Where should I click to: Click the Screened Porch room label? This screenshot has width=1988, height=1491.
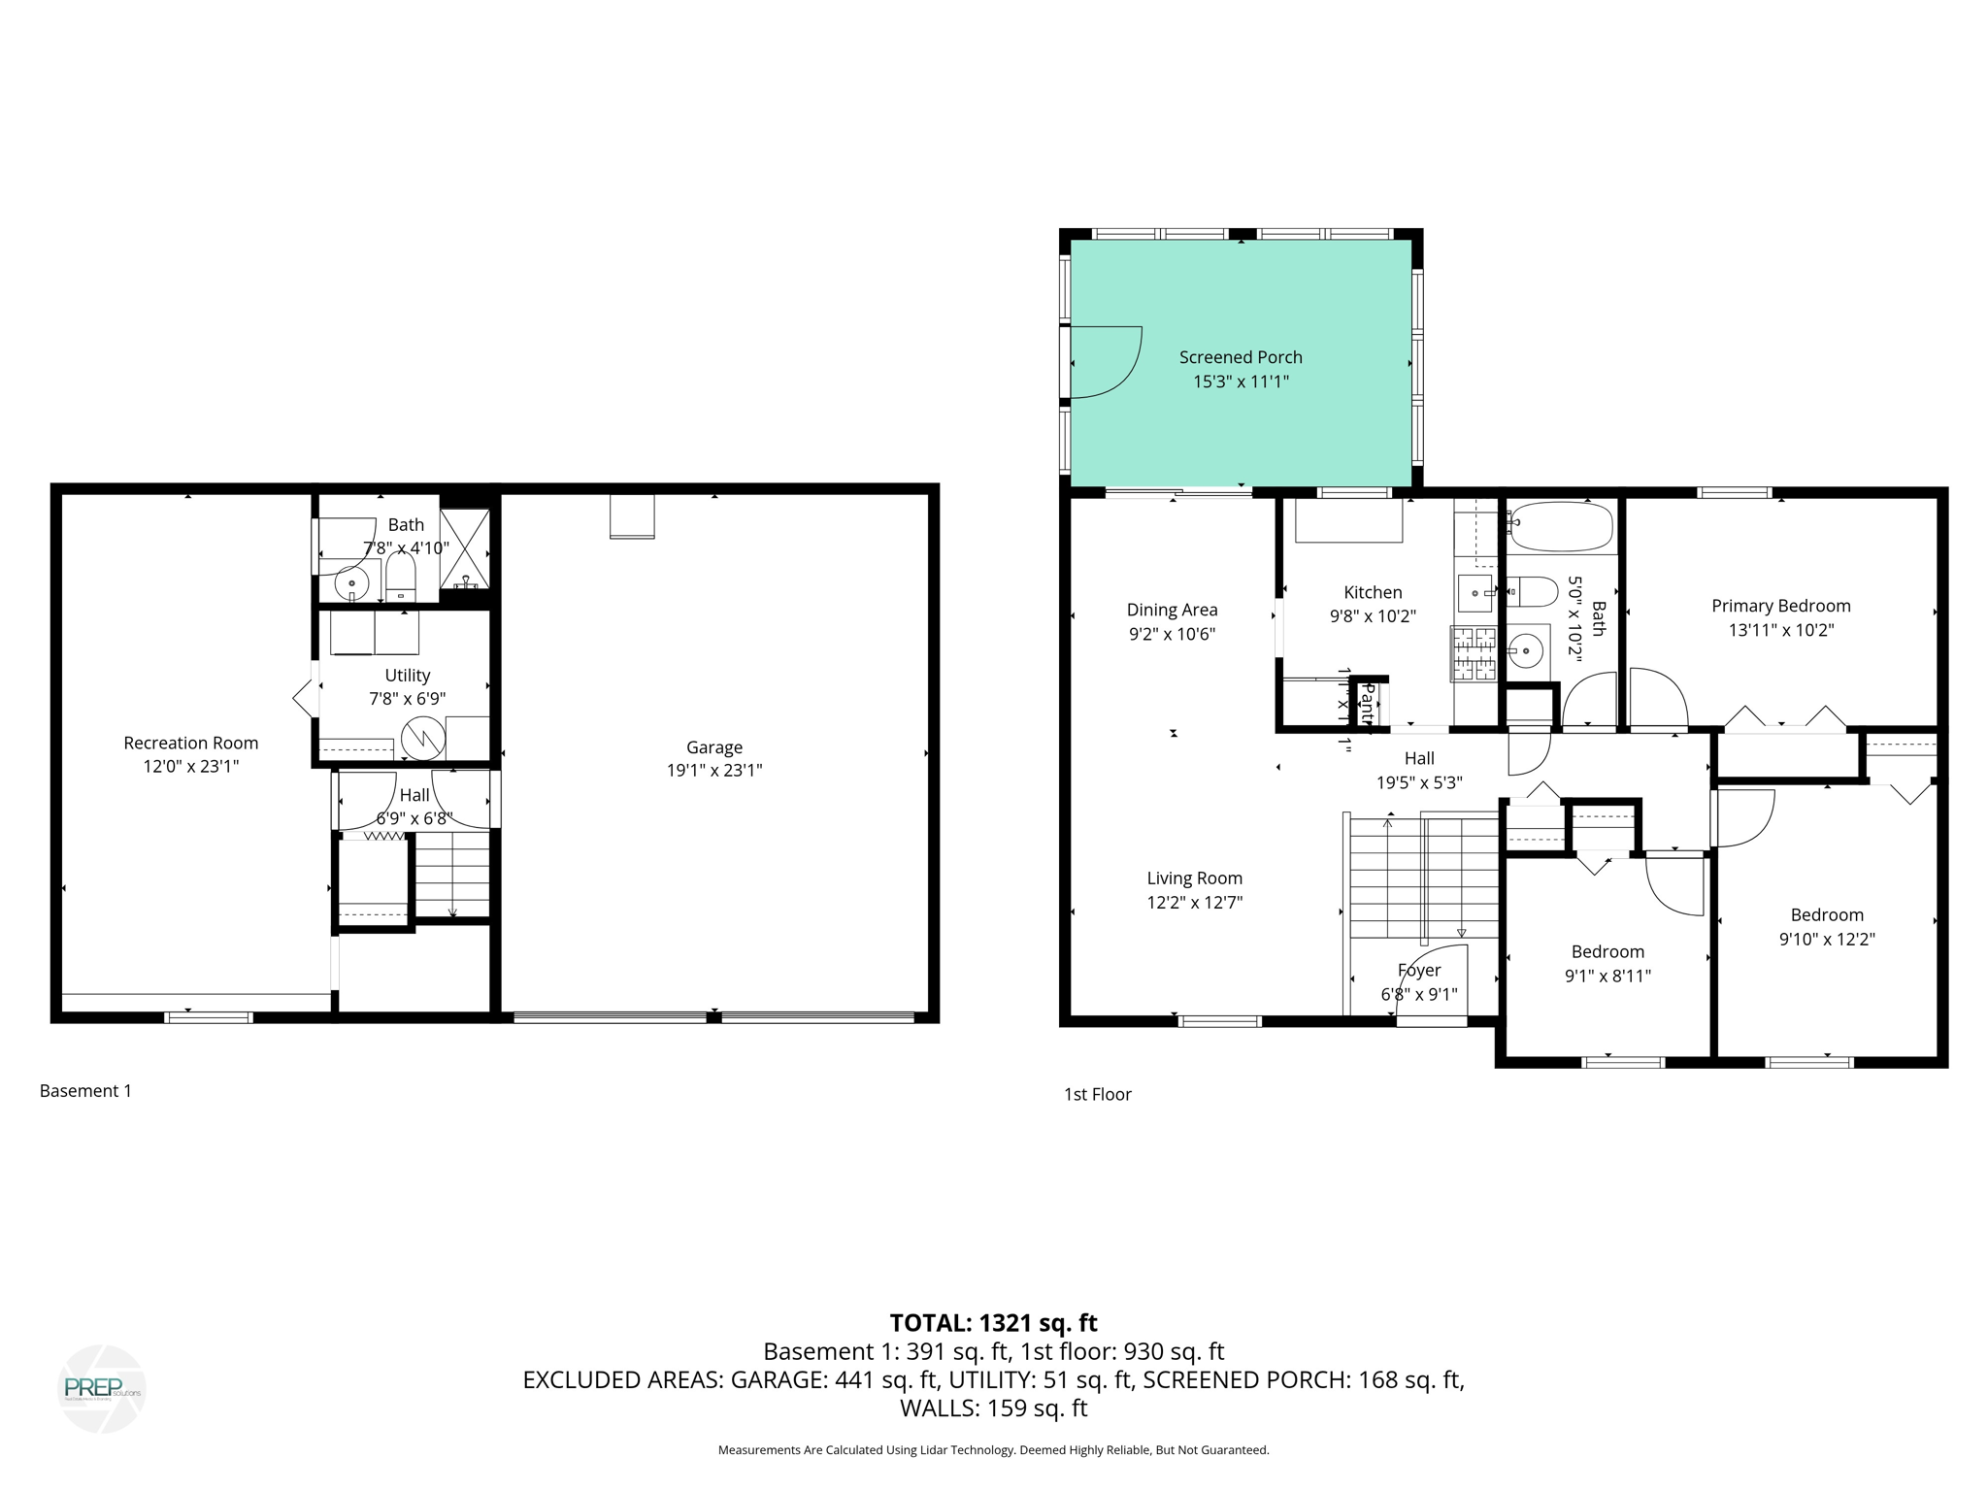[1240, 357]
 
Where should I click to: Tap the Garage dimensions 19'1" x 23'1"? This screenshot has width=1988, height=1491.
[713, 771]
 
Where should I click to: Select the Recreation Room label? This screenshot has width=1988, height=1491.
[190, 743]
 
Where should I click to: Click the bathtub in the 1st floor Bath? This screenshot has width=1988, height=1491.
[1561, 526]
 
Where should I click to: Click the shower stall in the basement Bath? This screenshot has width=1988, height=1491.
[465, 548]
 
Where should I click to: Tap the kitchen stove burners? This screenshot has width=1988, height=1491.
[1474, 653]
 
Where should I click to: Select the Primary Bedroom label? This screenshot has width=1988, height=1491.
[1780, 606]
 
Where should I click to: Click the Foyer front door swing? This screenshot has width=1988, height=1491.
[1435, 980]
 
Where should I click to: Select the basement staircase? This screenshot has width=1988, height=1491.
[452, 874]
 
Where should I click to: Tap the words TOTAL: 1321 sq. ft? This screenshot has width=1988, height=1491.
[993, 1323]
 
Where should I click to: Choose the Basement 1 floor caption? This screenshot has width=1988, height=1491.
[85, 1091]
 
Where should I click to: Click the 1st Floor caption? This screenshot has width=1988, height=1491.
[1097, 1095]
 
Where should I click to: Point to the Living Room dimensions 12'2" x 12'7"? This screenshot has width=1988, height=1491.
[1194, 903]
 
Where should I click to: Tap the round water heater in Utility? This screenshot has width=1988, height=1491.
[423, 739]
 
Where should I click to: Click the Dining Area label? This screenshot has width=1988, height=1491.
[1172, 610]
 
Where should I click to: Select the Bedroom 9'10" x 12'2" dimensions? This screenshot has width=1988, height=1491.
[1826, 940]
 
